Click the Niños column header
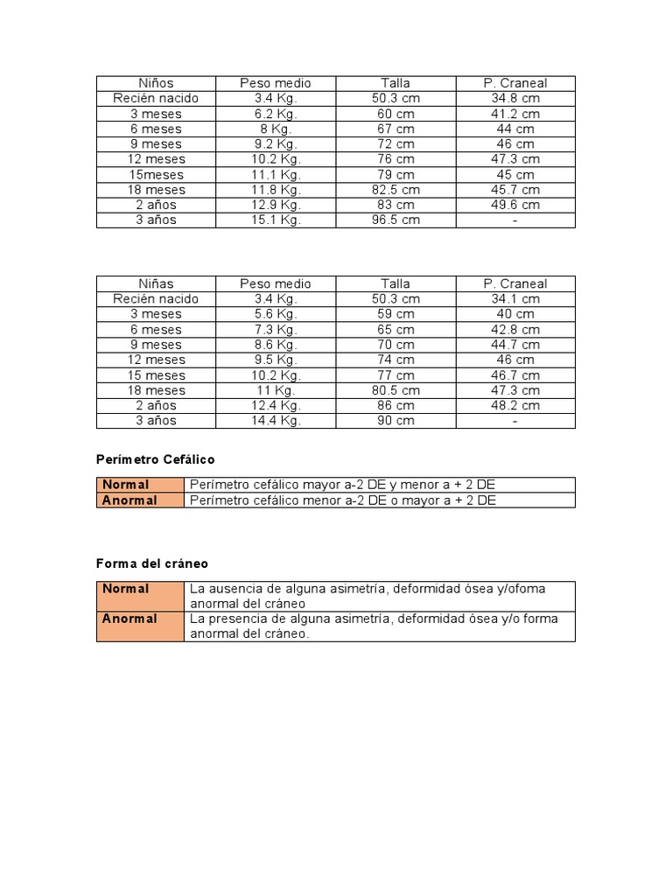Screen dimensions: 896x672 point(156,83)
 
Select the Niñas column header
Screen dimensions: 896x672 point(156,283)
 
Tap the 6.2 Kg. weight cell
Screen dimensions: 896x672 point(276,114)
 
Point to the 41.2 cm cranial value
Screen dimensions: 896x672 point(515,114)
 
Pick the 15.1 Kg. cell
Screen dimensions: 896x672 point(276,220)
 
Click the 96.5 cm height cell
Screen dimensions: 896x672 point(395,220)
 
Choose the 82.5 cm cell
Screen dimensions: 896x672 point(395,189)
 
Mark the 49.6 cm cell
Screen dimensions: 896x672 point(515,205)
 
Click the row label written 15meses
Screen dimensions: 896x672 point(156,174)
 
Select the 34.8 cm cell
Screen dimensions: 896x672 point(515,98)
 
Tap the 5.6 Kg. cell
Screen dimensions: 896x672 point(276,313)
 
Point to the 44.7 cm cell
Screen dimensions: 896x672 point(515,344)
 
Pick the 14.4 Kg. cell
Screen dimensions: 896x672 point(276,420)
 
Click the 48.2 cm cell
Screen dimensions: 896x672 point(515,405)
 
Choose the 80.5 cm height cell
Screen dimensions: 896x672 point(395,390)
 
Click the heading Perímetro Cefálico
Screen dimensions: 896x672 point(155,459)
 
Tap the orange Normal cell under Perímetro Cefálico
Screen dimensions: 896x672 point(140,485)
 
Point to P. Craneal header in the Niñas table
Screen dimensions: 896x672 point(515,283)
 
